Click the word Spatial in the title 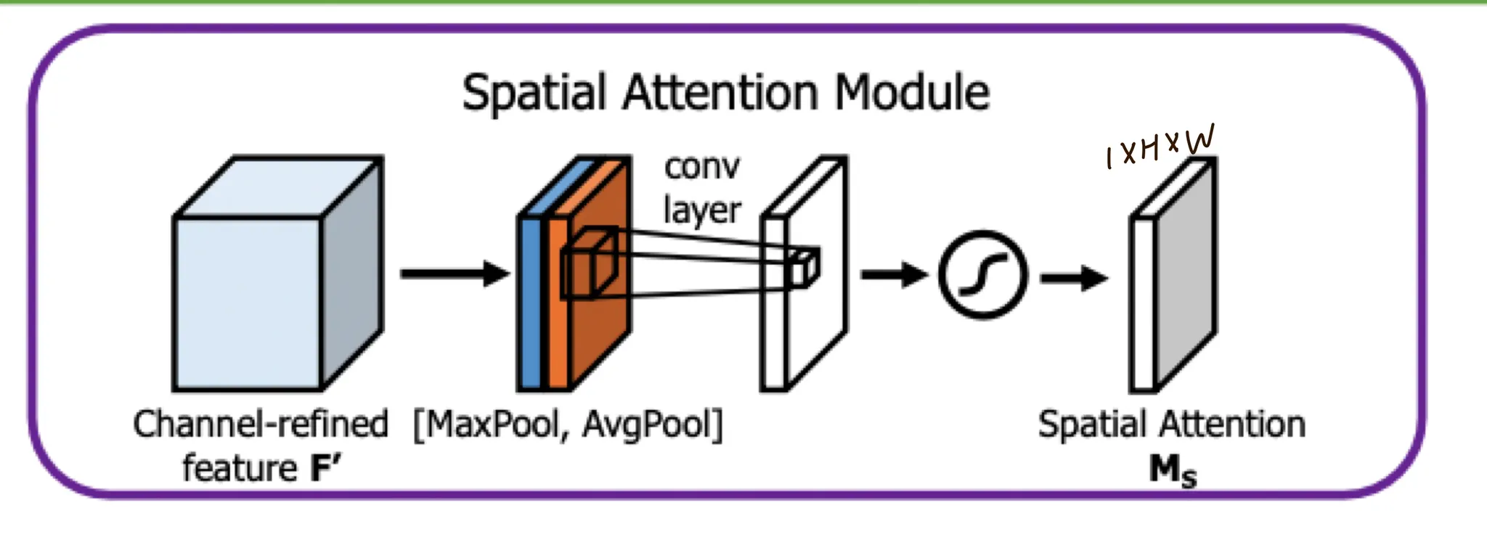(534, 94)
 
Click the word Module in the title (912, 94)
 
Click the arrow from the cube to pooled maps (455, 274)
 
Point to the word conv (701, 168)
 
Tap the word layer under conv (701, 211)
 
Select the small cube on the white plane (804, 267)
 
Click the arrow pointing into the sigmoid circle (894, 275)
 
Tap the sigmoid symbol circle (982, 275)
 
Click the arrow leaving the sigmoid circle (1074, 278)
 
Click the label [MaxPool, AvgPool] (569, 425)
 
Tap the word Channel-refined (261, 425)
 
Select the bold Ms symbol (1172, 470)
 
